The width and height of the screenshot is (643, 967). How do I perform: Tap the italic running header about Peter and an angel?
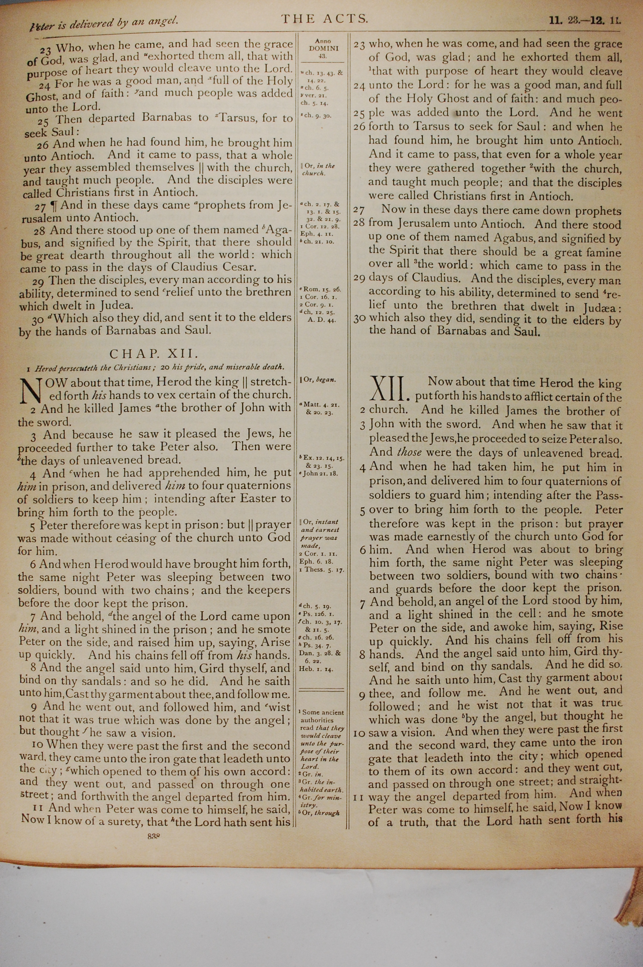tap(104, 23)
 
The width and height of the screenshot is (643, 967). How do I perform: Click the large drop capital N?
tap(30, 390)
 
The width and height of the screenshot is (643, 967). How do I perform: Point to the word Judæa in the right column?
tap(602, 307)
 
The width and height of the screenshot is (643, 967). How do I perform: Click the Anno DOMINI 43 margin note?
tap(323, 48)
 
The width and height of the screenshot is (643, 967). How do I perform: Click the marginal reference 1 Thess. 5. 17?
tap(321, 570)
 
